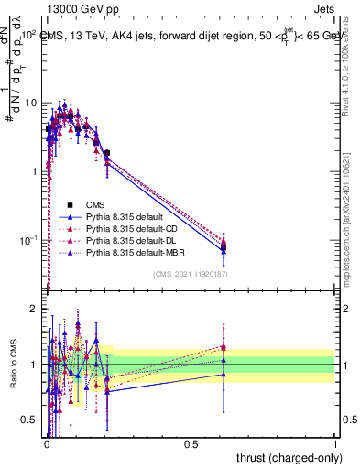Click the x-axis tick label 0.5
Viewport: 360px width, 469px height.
pos(191,443)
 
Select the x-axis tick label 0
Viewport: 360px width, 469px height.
pos(46,443)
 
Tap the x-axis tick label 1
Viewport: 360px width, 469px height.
pos(335,443)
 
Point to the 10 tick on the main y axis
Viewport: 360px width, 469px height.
pos(32,103)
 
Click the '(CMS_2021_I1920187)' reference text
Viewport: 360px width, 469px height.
pos(191,274)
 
